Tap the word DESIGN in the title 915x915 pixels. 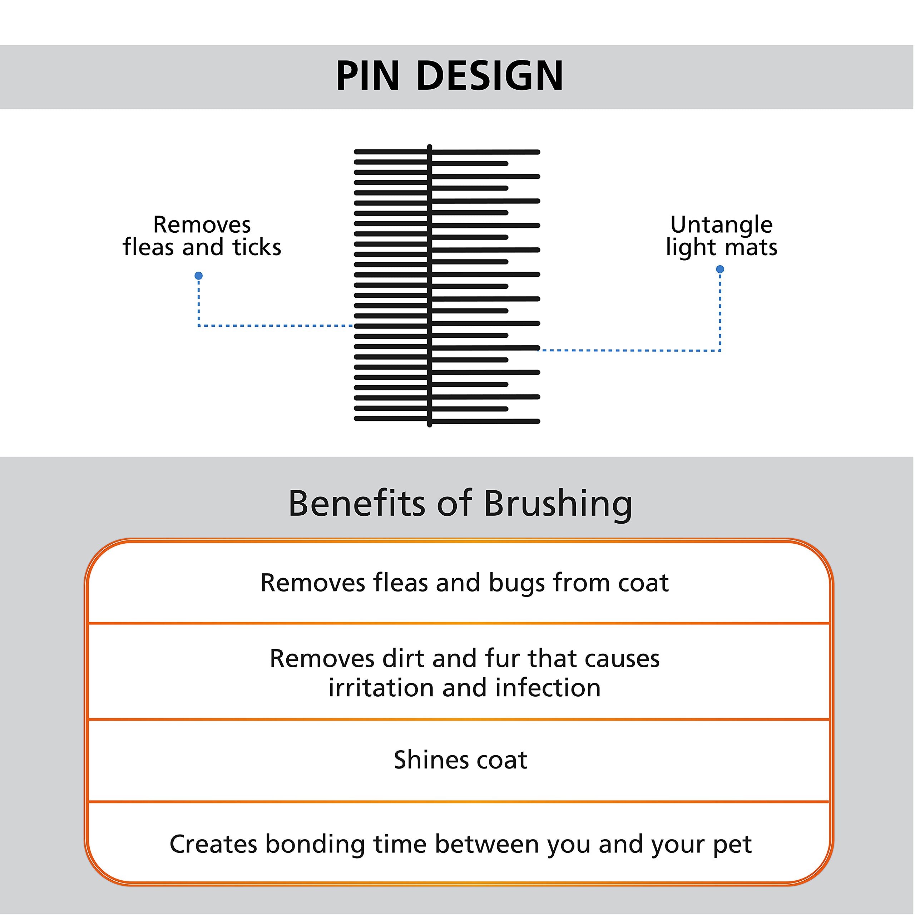pyautogui.click(x=490, y=76)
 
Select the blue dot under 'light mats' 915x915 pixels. pyautogui.click(x=720, y=269)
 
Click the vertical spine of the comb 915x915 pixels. pyautogui.click(x=430, y=286)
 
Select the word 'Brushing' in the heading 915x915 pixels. pyautogui.click(x=558, y=504)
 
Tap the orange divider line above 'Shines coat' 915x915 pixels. pyautogui.click(x=459, y=719)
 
